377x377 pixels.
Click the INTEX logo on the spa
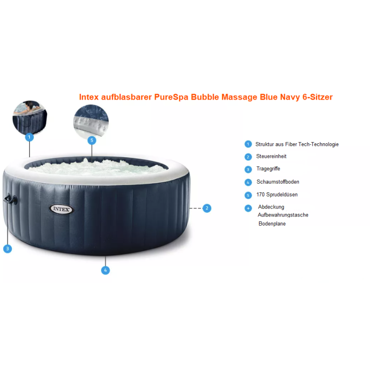click(x=61, y=209)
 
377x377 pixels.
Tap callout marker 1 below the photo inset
click(x=29, y=137)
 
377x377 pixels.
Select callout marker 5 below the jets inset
click(x=92, y=141)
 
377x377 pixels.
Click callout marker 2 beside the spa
click(x=207, y=208)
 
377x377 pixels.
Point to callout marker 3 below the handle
click(x=8, y=249)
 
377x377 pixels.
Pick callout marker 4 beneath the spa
click(x=106, y=270)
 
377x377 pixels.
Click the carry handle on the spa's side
click(x=11, y=199)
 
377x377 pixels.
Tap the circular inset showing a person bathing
click(x=30, y=117)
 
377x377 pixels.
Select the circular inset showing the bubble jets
click(x=91, y=121)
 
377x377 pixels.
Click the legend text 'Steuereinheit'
click(x=271, y=156)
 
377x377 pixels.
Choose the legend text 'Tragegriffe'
click(x=268, y=169)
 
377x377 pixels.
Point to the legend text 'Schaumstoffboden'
click(x=278, y=182)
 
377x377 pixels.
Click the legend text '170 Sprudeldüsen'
click(x=277, y=194)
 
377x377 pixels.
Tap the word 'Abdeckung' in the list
click(x=271, y=207)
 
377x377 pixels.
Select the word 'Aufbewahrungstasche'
click(x=283, y=215)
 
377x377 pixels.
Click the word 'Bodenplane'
click(x=272, y=224)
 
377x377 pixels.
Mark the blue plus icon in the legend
click(x=248, y=208)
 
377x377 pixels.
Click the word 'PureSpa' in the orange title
click(x=171, y=97)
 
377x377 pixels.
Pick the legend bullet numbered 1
click(x=248, y=144)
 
